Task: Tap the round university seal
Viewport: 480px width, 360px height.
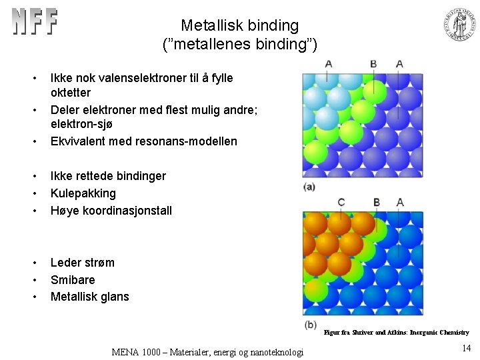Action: (461, 25)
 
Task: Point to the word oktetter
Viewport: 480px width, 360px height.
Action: (70, 93)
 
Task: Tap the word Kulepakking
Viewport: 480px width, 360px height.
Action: (83, 193)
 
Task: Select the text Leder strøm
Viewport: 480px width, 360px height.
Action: (82, 263)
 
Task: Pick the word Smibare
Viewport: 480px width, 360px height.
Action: (73, 280)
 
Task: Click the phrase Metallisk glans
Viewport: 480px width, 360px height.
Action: (89, 297)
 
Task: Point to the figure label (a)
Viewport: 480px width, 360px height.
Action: (309, 187)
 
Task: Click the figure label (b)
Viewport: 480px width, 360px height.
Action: (310, 325)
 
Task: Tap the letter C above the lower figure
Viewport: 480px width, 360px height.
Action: (341, 202)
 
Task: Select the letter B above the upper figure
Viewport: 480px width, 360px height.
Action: (373, 64)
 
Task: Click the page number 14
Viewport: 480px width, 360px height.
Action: (466, 347)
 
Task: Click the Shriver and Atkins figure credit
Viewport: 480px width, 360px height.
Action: (396, 332)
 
